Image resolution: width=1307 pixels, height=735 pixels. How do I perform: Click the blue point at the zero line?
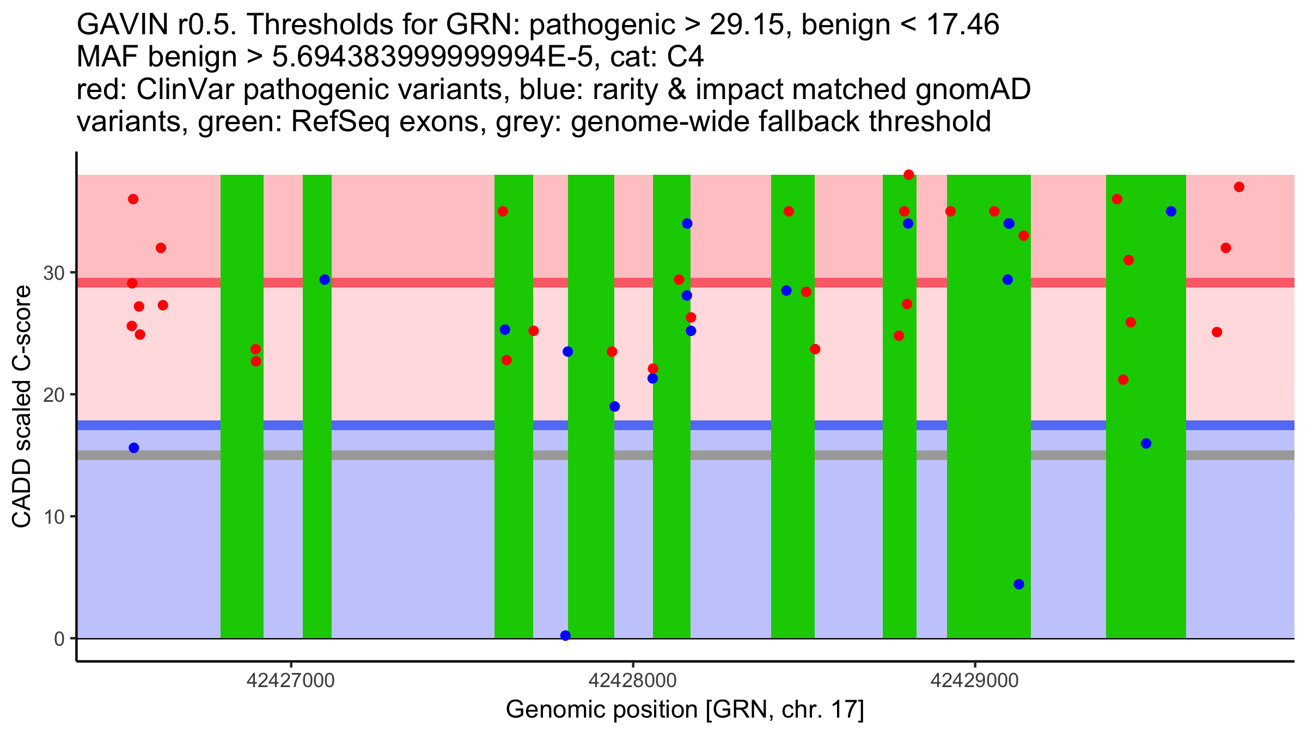(x=565, y=635)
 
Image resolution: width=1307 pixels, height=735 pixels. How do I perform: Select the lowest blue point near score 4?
(x=1019, y=584)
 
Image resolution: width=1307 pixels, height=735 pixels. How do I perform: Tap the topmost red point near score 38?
(x=908, y=175)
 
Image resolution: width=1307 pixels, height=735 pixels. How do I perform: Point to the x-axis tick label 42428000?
(x=632, y=681)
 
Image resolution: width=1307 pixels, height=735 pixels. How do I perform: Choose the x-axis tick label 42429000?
(x=974, y=681)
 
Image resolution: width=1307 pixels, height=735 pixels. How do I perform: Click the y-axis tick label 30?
(x=54, y=273)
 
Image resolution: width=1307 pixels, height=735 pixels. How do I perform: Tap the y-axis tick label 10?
(x=54, y=517)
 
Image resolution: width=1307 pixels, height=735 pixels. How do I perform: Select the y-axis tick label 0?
(x=59, y=639)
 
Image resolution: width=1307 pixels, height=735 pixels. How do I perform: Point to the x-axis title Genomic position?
(x=685, y=710)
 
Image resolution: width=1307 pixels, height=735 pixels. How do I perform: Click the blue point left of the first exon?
(x=134, y=448)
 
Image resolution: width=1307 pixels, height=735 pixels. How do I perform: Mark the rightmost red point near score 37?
(x=1239, y=187)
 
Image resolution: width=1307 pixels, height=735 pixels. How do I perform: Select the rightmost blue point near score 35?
(x=1171, y=211)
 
